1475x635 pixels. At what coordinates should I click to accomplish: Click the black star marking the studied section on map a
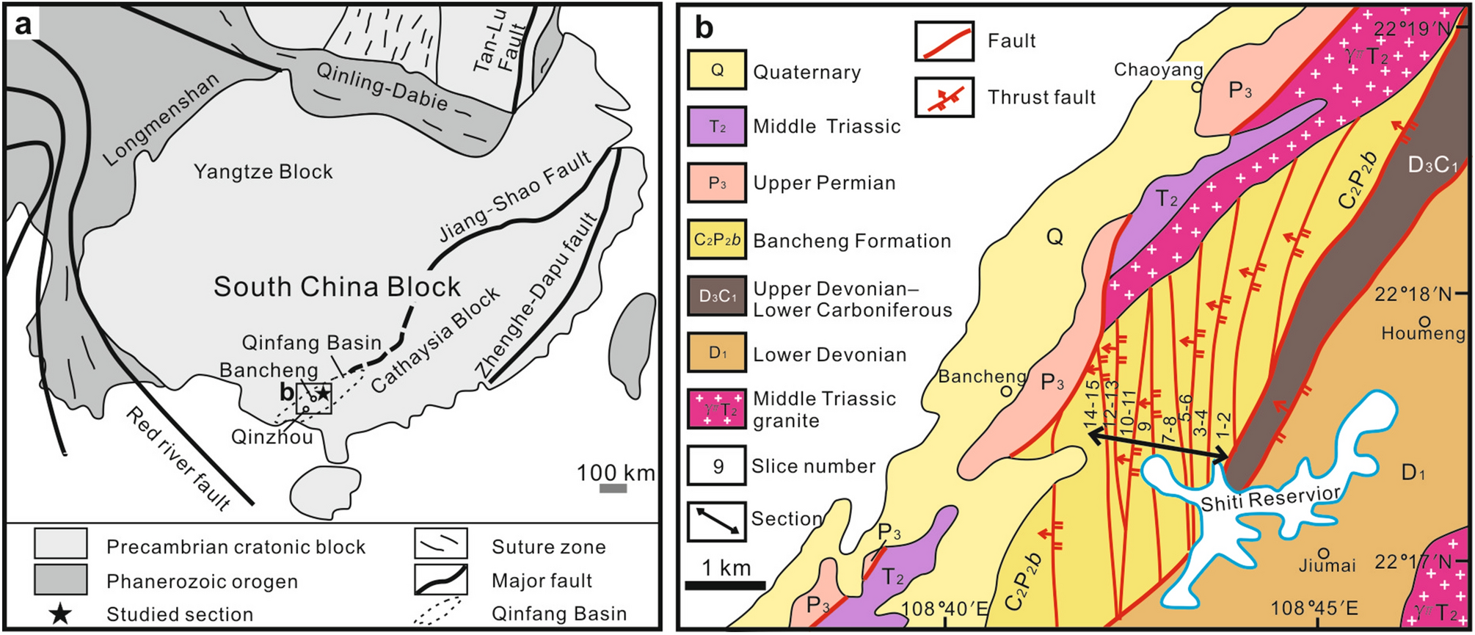(323, 393)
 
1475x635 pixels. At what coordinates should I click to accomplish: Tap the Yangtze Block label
(263, 172)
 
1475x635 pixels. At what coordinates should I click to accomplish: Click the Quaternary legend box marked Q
(717, 70)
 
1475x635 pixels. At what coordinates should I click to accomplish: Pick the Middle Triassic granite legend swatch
(717, 409)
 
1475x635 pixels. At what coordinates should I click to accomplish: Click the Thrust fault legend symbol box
(944, 98)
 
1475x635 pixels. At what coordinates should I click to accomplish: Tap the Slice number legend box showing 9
(717, 466)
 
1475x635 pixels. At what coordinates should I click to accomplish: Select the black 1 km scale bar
(725, 585)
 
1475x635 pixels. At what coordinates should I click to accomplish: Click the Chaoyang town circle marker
(1196, 87)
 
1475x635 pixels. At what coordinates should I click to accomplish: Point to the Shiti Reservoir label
(1270, 498)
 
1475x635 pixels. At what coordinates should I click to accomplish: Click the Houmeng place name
(1423, 333)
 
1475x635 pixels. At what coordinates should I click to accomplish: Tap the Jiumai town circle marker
(1324, 553)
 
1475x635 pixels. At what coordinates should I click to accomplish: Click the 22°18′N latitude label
(1413, 294)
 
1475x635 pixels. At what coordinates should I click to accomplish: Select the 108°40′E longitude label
(945, 608)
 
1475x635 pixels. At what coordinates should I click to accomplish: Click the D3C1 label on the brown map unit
(1432, 165)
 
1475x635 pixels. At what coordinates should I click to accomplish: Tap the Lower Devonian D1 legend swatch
(717, 353)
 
